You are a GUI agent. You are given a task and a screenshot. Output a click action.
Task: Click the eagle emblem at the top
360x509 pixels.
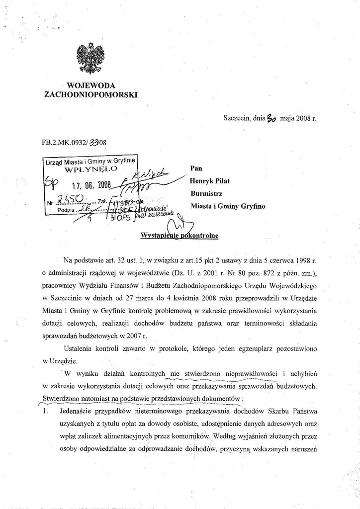pos(90,58)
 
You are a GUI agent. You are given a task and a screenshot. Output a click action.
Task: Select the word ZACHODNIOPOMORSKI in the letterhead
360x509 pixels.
pos(91,94)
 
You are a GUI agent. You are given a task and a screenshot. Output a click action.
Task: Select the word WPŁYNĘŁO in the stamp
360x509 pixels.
pos(91,169)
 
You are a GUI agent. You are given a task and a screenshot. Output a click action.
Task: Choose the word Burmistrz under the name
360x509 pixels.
pos(206,193)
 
